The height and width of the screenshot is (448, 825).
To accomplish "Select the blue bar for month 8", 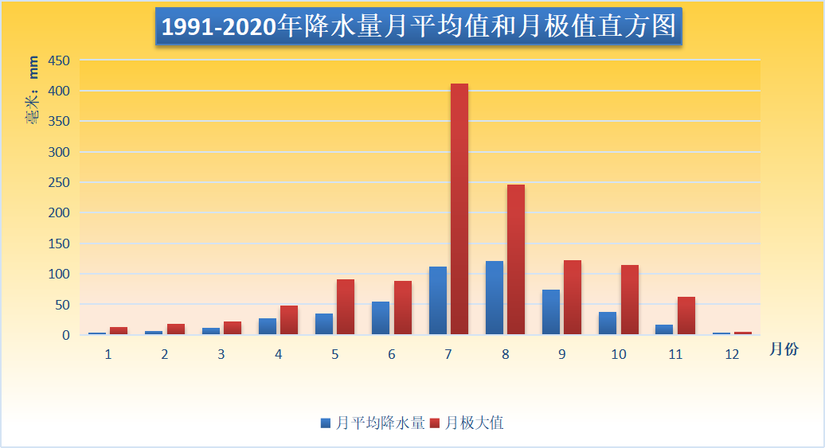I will pyautogui.click(x=494, y=298).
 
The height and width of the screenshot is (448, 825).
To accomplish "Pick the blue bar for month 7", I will pyautogui.click(x=437, y=301).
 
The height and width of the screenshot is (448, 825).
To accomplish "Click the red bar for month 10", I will pyautogui.click(x=630, y=300).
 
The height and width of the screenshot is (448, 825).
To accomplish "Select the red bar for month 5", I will pyautogui.click(x=346, y=307).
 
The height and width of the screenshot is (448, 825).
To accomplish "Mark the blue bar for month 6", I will pyautogui.click(x=381, y=318).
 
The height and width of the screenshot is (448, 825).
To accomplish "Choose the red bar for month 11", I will pyautogui.click(x=686, y=316).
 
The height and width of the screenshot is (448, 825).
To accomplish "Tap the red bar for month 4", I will pyautogui.click(x=288, y=320).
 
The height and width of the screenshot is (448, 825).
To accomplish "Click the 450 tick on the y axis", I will pyautogui.click(x=60, y=61).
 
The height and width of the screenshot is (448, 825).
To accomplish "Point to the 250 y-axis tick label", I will pyautogui.click(x=60, y=183).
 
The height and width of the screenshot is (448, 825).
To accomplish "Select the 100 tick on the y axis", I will pyautogui.click(x=60, y=275).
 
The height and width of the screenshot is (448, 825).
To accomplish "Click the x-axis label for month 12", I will pyautogui.click(x=733, y=355).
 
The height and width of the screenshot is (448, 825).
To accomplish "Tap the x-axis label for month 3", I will pyautogui.click(x=221, y=355).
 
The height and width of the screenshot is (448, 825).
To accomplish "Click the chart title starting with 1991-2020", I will pyautogui.click(x=418, y=28).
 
